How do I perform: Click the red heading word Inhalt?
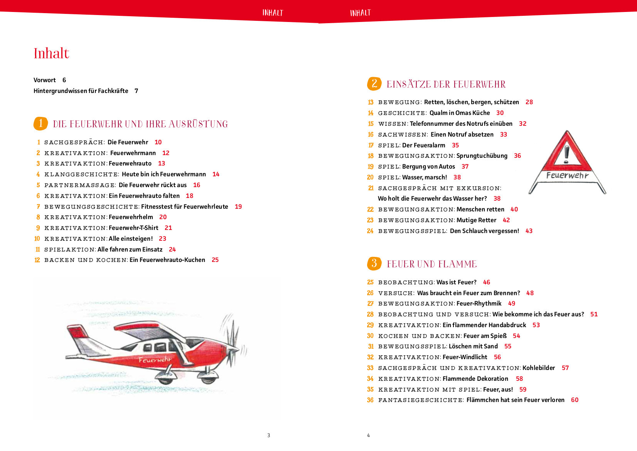pyautogui.click(x=51, y=53)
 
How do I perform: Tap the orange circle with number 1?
pyautogui.click(x=40, y=123)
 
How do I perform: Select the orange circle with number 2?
pyautogui.click(x=374, y=84)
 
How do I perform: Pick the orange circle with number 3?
pyautogui.click(x=374, y=264)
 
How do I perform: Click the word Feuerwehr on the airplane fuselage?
pyautogui.click(x=155, y=360)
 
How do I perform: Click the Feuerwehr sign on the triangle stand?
pyautogui.click(x=567, y=176)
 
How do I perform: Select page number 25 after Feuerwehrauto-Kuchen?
pyautogui.click(x=215, y=260)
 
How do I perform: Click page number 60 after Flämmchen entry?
pyautogui.click(x=575, y=400)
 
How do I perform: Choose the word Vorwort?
pyautogui.click(x=45, y=80)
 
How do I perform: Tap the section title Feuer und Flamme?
pyautogui.click(x=432, y=264)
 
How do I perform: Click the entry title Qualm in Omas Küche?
pyautogui.click(x=460, y=113)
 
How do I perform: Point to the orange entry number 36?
pyautogui.click(x=370, y=400)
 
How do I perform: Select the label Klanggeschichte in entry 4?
pyautogui.click(x=81, y=174)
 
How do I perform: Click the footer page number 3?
pyautogui.click(x=269, y=435)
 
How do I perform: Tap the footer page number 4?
pyautogui.click(x=368, y=435)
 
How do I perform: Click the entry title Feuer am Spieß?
pyautogui.click(x=485, y=336)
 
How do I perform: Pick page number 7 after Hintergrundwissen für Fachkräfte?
pyautogui.click(x=136, y=91)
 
